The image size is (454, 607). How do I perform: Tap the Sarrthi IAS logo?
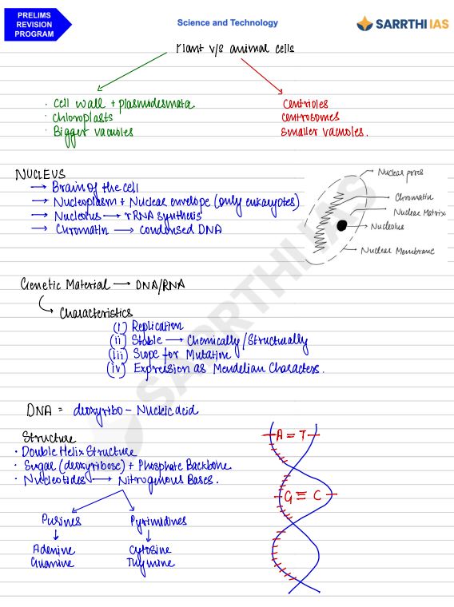(x=402, y=24)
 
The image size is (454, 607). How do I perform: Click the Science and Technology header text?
(x=228, y=23)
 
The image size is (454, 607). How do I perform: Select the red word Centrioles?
(x=305, y=104)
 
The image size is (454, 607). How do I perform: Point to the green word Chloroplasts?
(x=83, y=117)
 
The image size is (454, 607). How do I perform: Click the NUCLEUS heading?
(x=40, y=173)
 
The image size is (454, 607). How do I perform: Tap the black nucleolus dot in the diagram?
(x=342, y=225)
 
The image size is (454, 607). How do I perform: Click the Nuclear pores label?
(x=400, y=172)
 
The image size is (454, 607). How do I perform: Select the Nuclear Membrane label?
(x=397, y=251)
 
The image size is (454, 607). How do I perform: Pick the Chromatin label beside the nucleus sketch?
(x=413, y=196)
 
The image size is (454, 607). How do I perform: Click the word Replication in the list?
(x=157, y=326)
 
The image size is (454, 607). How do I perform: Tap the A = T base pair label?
(x=291, y=435)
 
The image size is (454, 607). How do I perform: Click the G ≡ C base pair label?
(x=303, y=496)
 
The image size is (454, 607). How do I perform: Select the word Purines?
(x=62, y=521)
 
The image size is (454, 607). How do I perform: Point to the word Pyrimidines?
(x=157, y=521)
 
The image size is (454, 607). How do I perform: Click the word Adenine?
(x=54, y=550)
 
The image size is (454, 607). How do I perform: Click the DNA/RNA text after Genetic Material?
(x=161, y=285)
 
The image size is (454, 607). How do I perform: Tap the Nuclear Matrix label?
(x=419, y=212)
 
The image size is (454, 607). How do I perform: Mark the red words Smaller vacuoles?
(x=324, y=133)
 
